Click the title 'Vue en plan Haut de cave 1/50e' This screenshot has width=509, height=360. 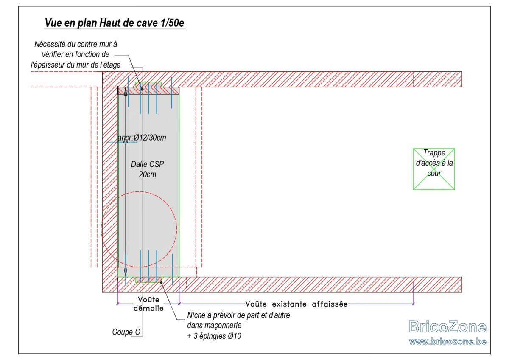(x=114, y=23)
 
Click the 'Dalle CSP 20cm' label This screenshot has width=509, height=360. (x=148, y=169)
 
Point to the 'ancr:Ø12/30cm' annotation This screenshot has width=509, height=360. (x=142, y=138)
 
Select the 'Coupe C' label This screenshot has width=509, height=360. (x=126, y=332)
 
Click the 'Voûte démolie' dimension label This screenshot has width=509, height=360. (x=148, y=304)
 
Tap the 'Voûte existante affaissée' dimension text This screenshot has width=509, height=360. (x=296, y=304)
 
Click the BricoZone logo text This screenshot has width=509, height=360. (x=447, y=326)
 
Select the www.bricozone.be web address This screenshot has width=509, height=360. (x=447, y=341)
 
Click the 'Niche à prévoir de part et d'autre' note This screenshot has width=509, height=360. (x=238, y=315)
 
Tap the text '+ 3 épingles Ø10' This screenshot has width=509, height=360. (x=214, y=336)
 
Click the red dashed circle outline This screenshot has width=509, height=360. (x=177, y=229)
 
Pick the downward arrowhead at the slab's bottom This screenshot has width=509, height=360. (x=126, y=273)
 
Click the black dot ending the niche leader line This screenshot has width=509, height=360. (x=161, y=283)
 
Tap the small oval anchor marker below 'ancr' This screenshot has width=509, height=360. (x=126, y=142)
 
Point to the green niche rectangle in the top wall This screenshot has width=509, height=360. (x=148, y=84)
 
